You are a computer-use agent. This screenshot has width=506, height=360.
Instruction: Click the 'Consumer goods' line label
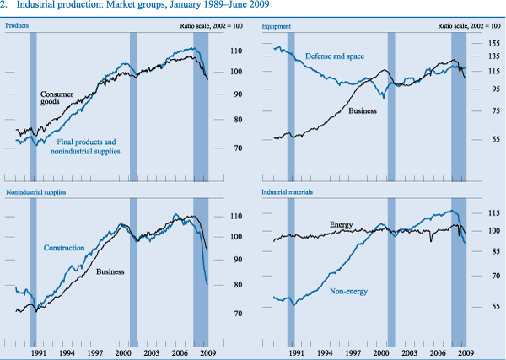click(x=57, y=98)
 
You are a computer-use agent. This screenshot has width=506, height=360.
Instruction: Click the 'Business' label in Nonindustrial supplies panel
click(x=110, y=271)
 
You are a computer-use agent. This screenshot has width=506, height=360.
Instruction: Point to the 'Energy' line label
click(x=342, y=225)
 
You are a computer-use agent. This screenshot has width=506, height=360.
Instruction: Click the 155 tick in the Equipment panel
click(x=495, y=42)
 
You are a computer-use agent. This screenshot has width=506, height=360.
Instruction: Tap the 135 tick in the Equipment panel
click(x=495, y=56)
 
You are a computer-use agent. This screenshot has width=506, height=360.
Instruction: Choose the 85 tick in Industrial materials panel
click(x=495, y=251)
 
